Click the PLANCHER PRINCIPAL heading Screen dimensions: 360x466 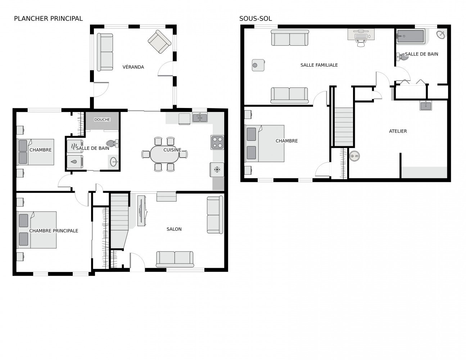[48, 18]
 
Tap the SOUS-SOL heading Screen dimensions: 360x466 [255, 18]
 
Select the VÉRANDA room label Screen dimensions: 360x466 [133, 67]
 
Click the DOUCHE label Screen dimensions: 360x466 [102, 120]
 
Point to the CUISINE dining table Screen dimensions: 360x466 [165, 154]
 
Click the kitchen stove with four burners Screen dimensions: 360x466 [217, 142]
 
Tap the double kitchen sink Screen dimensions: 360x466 [199, 117]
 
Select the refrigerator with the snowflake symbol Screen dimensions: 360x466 [217, 170]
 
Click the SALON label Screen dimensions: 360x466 [174, 229]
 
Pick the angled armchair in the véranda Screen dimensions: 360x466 [159, 41]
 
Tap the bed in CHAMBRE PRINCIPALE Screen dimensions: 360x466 [37, 230]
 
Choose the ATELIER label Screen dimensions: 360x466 [398, 131]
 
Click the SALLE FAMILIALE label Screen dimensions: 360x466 [319, 65]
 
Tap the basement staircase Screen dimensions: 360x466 [344, 126]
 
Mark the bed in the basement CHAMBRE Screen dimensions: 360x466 [265, 143]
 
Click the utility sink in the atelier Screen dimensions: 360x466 [426, 105]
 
